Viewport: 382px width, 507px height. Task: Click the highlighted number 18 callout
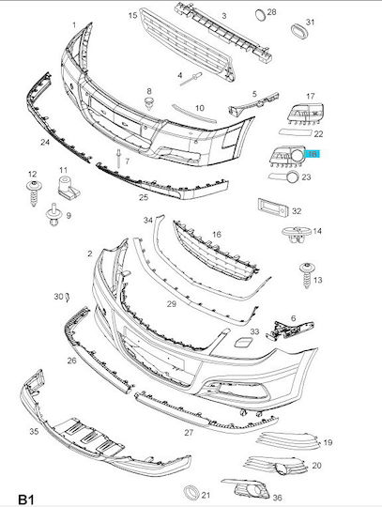click(313, 154)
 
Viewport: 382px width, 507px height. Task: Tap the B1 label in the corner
click(26, 499)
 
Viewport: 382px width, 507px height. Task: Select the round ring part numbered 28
click(261, 15)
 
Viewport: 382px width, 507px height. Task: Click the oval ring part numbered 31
click(298, 31)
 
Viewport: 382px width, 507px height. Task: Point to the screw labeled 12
click(34, 192)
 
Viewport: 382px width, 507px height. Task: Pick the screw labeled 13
click(306, 275)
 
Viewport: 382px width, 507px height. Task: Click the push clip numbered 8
click(149, 102)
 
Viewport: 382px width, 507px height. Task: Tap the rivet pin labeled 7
click(118, 158)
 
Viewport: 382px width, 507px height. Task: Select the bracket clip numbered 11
click(69, 188)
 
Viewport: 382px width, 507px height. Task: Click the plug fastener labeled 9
click(54, 214)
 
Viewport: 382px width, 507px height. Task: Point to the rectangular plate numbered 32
click(273, 207)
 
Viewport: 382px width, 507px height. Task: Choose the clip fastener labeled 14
click(296, 234)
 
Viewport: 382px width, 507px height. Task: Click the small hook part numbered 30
click(68, 297)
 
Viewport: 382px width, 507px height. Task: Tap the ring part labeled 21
click(191, 493)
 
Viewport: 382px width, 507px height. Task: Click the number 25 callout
click(144, 197)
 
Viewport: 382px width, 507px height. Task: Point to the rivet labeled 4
click(191, 79)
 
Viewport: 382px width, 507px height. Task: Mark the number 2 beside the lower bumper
click(89, 253)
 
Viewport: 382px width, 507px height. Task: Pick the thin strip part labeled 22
click(296, 132)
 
